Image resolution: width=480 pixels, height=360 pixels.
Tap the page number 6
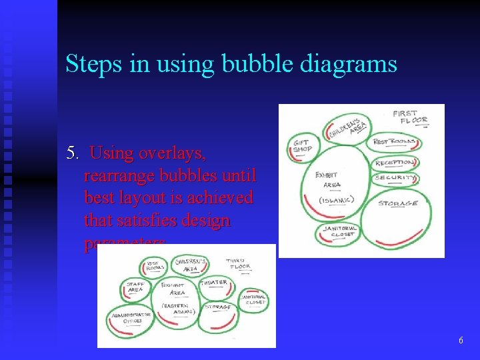tap(461, 341)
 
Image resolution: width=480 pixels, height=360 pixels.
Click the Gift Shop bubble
tap(303, 146)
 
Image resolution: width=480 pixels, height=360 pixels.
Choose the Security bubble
tap(395, 178)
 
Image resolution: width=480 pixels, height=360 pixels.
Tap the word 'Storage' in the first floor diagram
tap(398, 203)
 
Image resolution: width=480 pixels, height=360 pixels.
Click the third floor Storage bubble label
tap(217, 307)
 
